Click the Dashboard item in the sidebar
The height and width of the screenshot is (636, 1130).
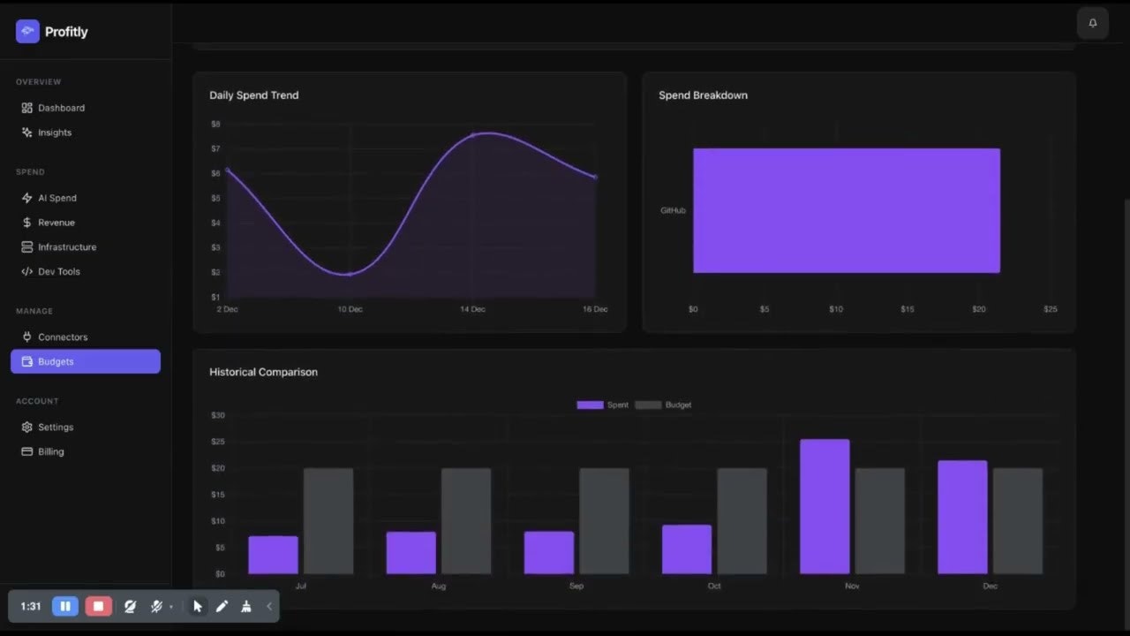point(61,108)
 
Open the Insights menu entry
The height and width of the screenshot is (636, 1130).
point(54,132)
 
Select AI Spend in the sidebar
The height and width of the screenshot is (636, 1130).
point(56,198)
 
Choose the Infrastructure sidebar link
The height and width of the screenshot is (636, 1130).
point(66,247)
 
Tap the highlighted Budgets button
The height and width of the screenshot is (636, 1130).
point(86,361)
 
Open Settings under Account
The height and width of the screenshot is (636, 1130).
point(55,428)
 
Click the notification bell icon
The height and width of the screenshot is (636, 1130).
point(1092,23)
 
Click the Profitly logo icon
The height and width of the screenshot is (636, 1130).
point(27,32)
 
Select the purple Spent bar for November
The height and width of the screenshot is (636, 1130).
point(825,506)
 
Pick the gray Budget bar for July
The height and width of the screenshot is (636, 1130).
point(328,521)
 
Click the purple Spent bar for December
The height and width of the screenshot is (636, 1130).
point(962,517)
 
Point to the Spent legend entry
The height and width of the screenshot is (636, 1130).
point(603,405)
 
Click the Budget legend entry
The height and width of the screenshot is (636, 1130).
point(663,405)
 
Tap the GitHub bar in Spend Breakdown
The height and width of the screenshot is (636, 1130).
point(846,210)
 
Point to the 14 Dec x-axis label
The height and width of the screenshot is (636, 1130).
point(472,309)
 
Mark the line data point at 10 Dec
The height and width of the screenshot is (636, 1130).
point(350,274)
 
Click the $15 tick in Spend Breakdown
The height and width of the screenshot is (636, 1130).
point(907,309)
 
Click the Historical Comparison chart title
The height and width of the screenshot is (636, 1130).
point(263,372)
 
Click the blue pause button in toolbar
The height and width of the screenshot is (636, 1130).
point(64,606)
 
